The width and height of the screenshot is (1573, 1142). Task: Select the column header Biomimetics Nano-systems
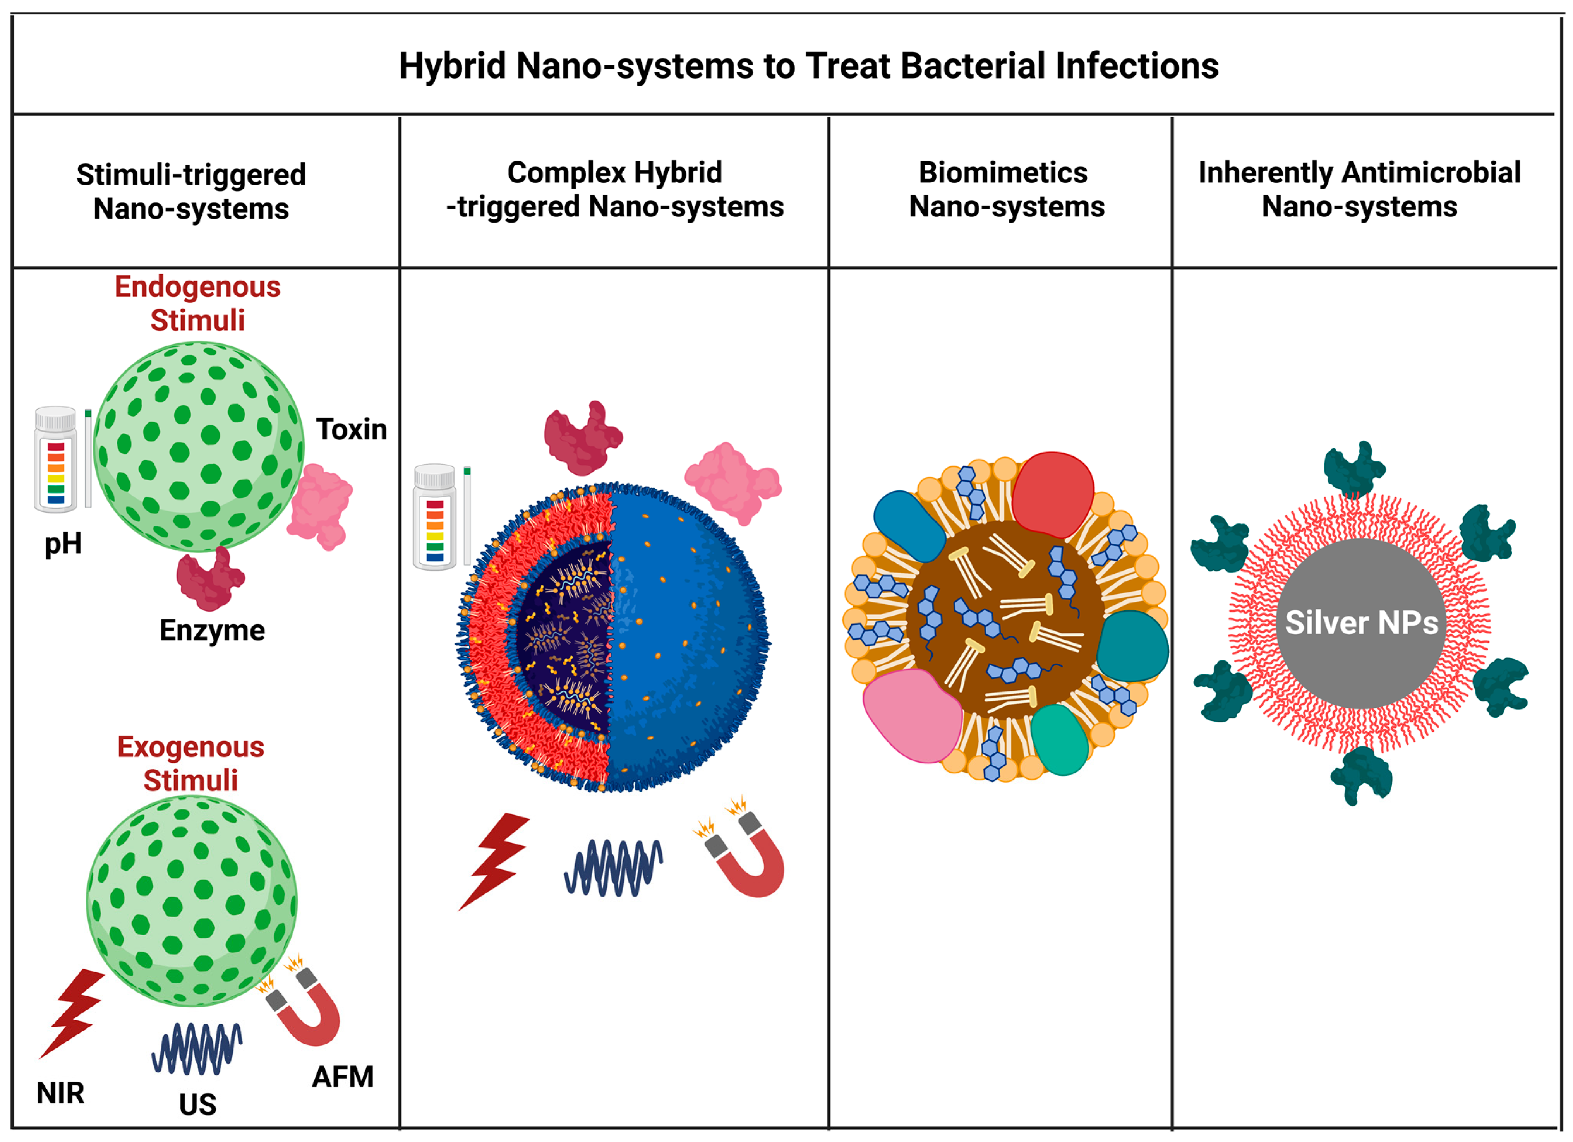coord(1006,189)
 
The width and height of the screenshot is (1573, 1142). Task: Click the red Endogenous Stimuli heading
coord(198,303)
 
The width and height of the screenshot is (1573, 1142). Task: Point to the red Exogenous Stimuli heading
coord(191,763)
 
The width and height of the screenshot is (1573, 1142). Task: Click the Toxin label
coord(352,430)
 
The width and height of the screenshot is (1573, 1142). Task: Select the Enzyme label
coord(212,630)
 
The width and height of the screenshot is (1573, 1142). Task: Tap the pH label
coord(63,544)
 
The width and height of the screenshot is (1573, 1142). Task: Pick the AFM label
coord(343,1077)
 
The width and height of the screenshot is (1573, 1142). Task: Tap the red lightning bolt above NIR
coord(72,1012)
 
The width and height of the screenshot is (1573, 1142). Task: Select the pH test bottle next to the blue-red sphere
coord(435,516)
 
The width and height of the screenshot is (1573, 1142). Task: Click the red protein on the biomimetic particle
coord(1053,494)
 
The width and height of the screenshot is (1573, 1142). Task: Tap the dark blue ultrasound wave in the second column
coord(613,868)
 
